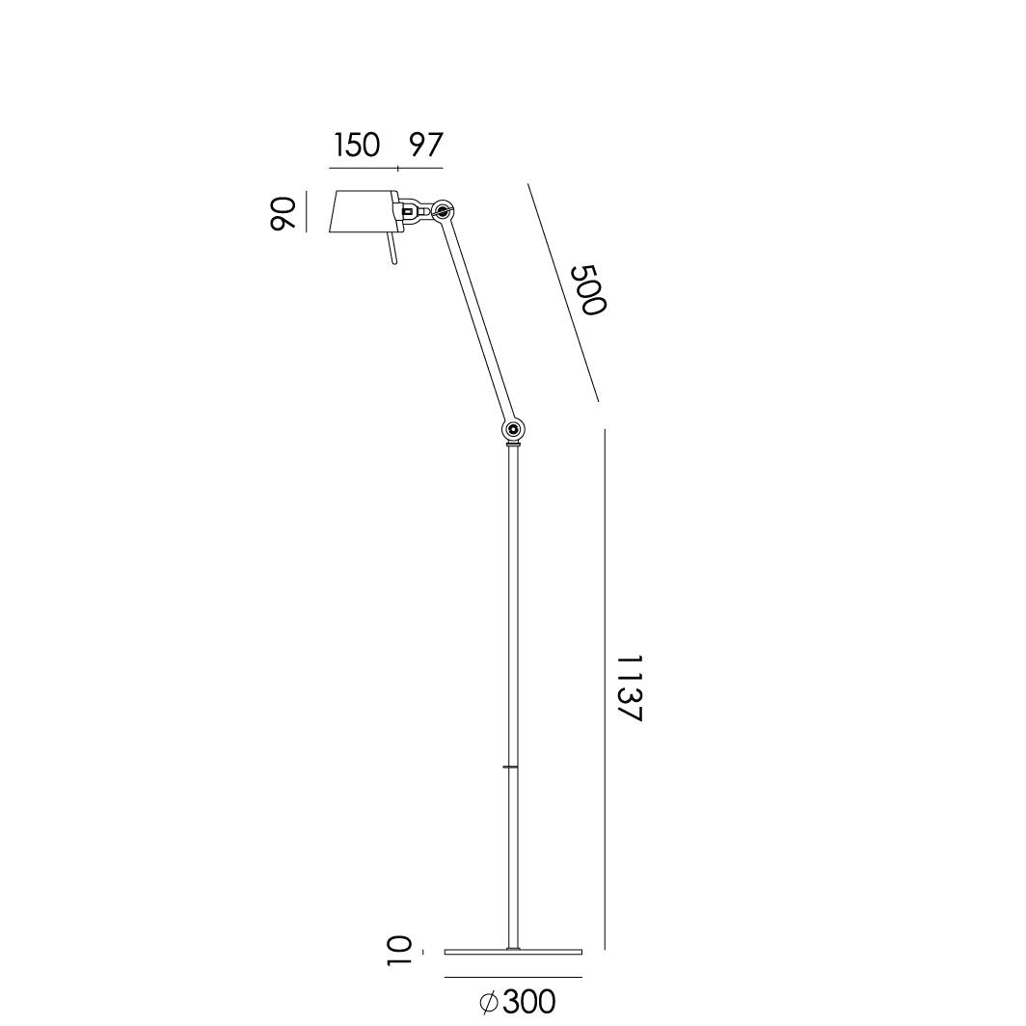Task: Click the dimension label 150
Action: [x=357, y=146]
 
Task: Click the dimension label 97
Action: [x=424, y=146]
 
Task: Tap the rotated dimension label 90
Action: [x=282, y=213]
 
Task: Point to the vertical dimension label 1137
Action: [x=629, y=688]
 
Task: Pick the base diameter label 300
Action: [x=529, y=1002]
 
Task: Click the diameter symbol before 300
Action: [x=489, y=1003]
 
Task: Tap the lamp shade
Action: [x=363, y=212]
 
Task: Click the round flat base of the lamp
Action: [x=513, y=953]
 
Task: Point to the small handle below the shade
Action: [x=391, y=251]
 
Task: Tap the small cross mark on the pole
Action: [x=512, y=767]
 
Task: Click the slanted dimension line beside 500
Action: [x=563, y=291]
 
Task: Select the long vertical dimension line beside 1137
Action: [x=605, y=688]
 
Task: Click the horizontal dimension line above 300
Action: [x=513, y=978]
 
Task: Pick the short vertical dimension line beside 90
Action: [x=307, y=212]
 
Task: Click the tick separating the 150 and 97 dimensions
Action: [x=398, y=168]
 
